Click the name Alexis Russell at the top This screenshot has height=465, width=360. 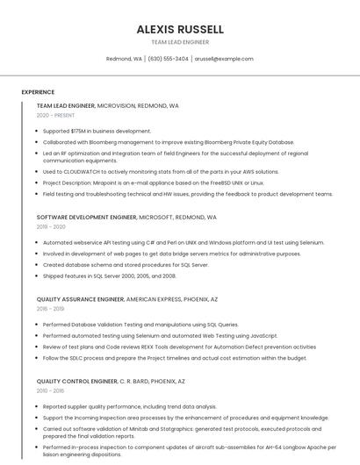click(179, 29)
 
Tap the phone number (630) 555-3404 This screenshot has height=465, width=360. click(168, 59)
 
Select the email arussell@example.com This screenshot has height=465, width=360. click(224, 59)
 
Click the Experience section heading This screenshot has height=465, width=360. click(38, 92)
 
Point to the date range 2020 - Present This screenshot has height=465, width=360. click(55, 115)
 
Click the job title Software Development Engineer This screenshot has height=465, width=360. click(87, 217)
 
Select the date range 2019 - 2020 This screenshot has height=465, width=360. click(51, 226)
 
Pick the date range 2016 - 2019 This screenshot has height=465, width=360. click(50, 309)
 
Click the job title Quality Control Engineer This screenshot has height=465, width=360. click(77, 382)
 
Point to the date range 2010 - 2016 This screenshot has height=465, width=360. click(50, 391)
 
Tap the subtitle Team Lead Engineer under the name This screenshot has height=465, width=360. click(179, 42)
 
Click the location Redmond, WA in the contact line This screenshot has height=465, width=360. click(124, 59)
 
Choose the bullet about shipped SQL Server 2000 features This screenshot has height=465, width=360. click(109, 275)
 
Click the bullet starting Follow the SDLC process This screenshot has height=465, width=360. click(175, 358)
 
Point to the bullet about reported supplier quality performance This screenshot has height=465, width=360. click(129, 406)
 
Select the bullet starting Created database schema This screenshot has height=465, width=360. click(126, 265)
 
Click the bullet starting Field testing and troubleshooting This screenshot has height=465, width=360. click(175, 194)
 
